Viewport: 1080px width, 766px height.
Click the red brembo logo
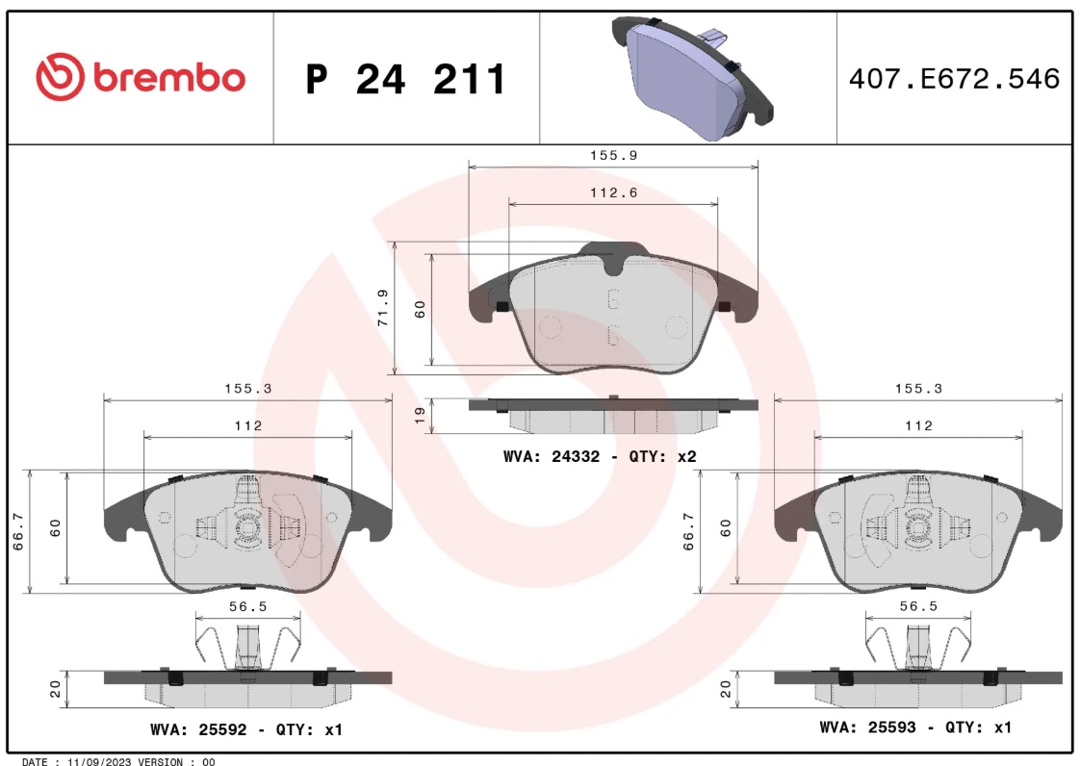point(141,76)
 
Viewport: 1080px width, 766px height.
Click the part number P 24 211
point(405,79)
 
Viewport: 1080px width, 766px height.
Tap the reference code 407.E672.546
point(954,79)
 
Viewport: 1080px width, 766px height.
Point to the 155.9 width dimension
point(614,155)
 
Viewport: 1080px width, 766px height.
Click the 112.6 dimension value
point(614,192)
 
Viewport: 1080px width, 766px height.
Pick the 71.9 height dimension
point(383,308)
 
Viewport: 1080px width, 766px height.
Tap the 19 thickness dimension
point(420,416)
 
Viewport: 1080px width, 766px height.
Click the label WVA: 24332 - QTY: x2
point(600,456)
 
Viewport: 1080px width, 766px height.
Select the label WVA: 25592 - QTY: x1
point(245,729)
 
